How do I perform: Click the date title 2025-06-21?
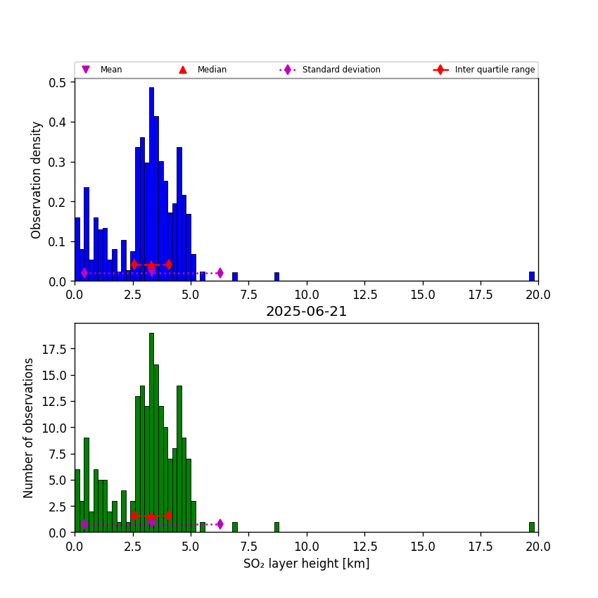[306, 312]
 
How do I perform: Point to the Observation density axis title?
[37, 179]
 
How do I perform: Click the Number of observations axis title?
[29, 428]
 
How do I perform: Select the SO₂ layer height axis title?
[306, 564]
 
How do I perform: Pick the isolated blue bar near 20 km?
[532, 276]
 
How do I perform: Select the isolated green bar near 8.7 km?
[276, 527]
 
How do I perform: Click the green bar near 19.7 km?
[532, 527]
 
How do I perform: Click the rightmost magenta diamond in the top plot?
[220, 273]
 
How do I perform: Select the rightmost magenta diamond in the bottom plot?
[220, 524]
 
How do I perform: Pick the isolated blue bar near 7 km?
[235, 277]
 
